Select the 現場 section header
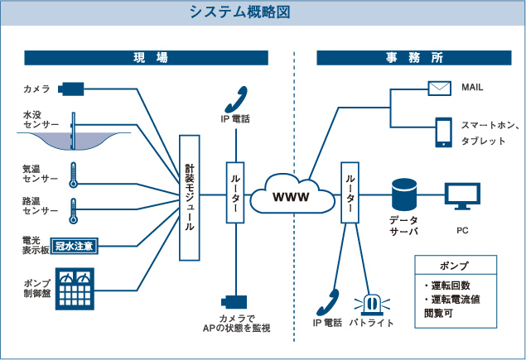point(146,58)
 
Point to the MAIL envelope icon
point(439,87)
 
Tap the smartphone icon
point(443,132)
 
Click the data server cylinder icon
point(403,194)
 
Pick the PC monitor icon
point(462,196)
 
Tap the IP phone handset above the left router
point(234,98)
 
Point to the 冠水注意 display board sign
point(81,245)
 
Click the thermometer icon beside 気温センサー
point(73,173)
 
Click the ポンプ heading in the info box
point(456,266)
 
